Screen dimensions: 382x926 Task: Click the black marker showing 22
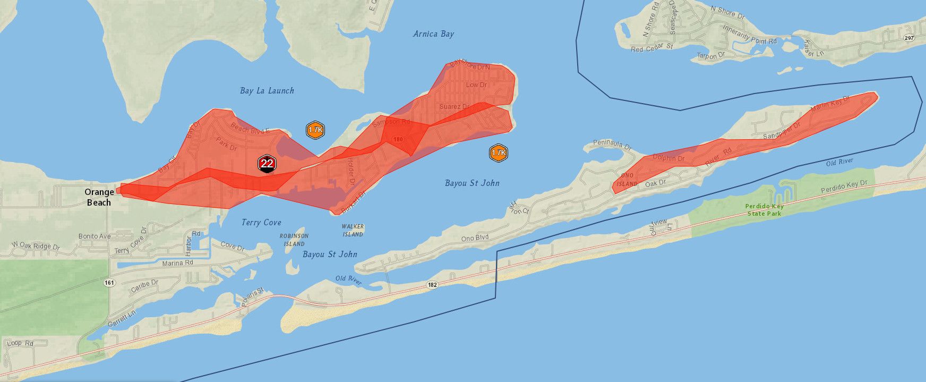point(267,164)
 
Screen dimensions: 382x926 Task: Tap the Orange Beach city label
point(99,197)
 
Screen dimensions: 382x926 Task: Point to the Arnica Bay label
point(433,34)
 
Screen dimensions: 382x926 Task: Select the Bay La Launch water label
point(267,91)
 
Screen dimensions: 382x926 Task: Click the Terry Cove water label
point(261,223)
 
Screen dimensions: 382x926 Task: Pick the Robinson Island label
point(294,240)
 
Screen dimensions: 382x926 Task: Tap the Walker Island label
point(353,231)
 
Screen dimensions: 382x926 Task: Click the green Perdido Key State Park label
point(764,210)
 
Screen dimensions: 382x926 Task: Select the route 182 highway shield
point(432,285)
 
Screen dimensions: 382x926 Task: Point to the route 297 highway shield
point(909,38)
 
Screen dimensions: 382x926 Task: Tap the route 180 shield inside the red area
point(398,139)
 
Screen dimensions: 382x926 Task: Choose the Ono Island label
point(627,180)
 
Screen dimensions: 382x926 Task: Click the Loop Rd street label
point(20,343)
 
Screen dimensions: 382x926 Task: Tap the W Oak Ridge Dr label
point(36,246)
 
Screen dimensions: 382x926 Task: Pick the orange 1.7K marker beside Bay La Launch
point(315,130)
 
